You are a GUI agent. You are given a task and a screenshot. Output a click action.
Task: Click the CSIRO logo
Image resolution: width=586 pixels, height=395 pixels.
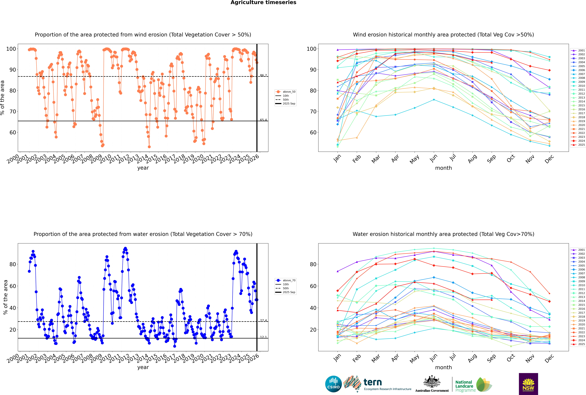(333, 384)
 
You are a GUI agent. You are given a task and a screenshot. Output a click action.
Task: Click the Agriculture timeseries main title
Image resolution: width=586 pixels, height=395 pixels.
(263, 3)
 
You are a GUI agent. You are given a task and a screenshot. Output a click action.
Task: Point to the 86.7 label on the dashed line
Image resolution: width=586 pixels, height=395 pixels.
(263, 75)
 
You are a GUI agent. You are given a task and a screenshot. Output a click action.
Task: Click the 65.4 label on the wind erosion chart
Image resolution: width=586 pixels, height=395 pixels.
(263, 120)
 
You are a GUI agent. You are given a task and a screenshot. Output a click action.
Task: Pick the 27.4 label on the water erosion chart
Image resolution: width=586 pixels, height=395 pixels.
(263, 320)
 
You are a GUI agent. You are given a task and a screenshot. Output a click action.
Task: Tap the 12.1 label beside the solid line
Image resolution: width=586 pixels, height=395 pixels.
(263, 337)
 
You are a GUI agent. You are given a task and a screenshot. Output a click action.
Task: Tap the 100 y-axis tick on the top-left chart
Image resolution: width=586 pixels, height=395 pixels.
(11, 49)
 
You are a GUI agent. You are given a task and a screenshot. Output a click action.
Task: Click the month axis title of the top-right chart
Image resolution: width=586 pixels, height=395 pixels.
(443, 168)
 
